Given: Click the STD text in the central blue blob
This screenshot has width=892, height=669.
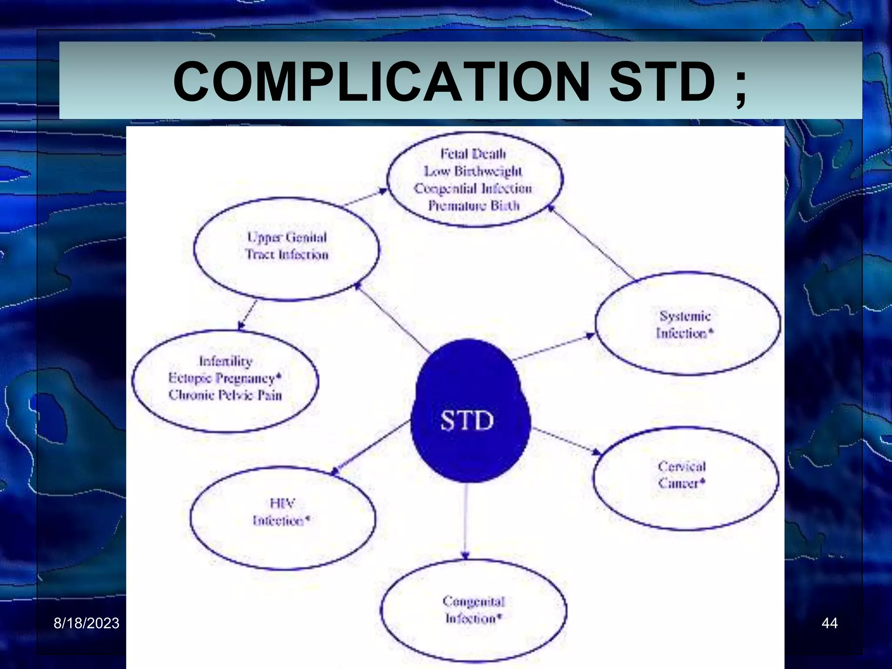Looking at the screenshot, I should tap(467, 421).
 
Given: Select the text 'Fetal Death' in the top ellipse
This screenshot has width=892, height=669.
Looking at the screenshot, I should tap(473, 154).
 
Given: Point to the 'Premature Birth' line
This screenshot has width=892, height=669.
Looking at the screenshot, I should tap(474, 206).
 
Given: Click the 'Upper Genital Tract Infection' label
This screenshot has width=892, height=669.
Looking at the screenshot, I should tap(287, 246).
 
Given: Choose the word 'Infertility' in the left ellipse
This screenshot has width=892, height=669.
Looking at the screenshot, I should tap(226, 361).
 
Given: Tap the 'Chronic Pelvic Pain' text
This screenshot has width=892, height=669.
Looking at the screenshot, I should tap(225, 395).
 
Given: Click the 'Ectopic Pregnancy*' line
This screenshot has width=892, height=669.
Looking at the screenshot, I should tap(225, 378).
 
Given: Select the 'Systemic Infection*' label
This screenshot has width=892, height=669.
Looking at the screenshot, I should tap(685, 325).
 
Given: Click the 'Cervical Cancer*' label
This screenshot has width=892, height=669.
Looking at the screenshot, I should tap(682, 475).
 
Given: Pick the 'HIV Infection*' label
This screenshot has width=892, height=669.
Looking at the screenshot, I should tap(281, 512).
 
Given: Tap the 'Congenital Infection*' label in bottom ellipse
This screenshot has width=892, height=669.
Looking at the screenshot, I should tap(473, 610).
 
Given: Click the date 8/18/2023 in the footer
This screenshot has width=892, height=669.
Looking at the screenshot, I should tap(86, 623).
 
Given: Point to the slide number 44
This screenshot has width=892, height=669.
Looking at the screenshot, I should tap(829, 623).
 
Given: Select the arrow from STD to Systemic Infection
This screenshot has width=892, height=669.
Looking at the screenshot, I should tap(553, 348).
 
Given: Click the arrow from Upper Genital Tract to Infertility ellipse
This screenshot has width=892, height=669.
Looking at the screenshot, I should tap(247, 314).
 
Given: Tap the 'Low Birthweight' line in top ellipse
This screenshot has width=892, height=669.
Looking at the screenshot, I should tap(473, 171).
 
